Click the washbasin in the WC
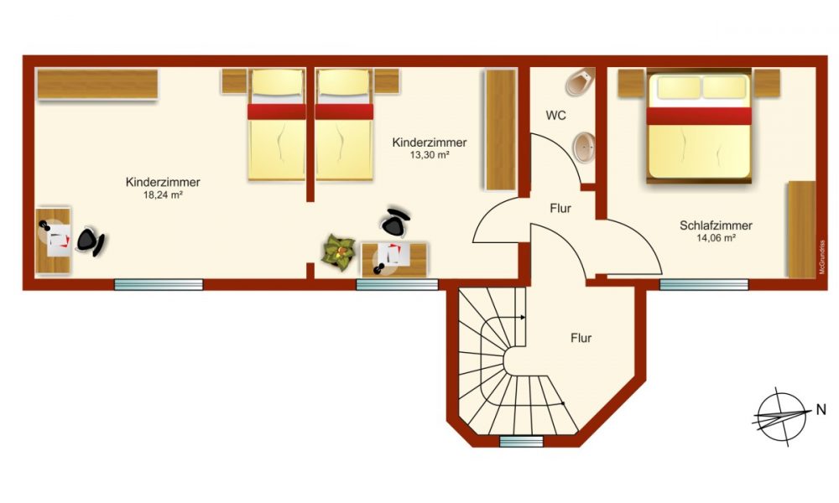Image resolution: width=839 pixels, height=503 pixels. (x=584, y=146)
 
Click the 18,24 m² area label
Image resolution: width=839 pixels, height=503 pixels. (x=163, y=195)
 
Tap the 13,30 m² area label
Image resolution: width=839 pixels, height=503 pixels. (x=429, y=156)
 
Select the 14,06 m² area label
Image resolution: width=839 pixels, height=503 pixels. (x=716, y=238)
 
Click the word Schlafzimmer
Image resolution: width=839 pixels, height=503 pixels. (x=716, y=225)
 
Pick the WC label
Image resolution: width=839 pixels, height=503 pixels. (x=556, y=115)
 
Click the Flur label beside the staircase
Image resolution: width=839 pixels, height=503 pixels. (x=581, y=339)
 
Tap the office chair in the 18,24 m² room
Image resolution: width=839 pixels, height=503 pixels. (x=90, y=241)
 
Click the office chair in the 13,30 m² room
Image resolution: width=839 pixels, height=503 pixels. (x=395, y=222)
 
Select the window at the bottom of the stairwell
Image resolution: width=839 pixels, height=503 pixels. (x=520, y=440)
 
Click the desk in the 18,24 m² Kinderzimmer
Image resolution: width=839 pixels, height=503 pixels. (x=55, y=240)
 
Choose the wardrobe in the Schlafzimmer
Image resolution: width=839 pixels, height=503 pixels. (x=800, y=228)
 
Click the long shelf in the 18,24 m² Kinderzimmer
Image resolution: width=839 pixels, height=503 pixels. (x=97, y=85)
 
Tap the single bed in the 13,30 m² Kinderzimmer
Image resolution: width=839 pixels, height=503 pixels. (x=344, y=126)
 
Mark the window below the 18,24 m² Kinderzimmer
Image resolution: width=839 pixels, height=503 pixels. (x=159, y=284)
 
